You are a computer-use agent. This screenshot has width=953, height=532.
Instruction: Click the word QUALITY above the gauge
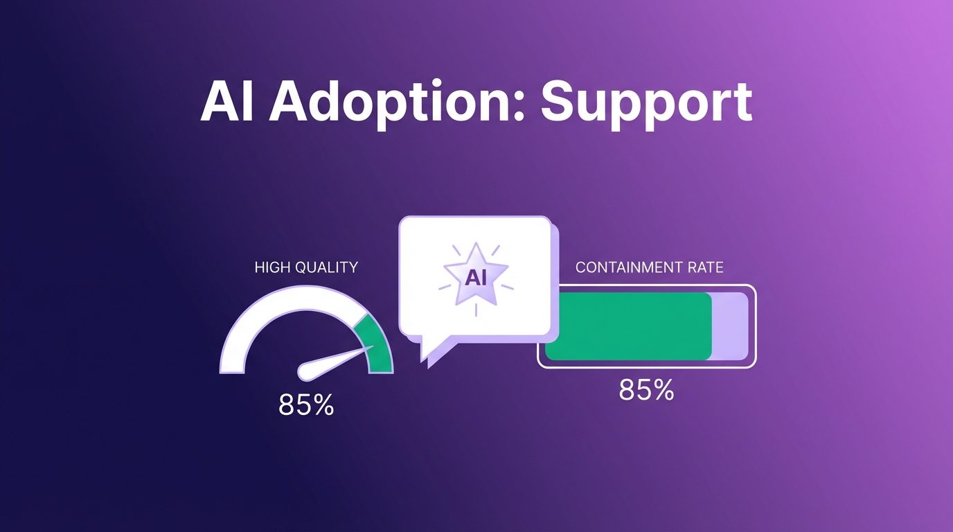point(326,267)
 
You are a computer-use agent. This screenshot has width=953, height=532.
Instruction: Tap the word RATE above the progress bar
point(705,267)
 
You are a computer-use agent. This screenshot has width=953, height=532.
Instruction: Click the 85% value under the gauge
point(306,405)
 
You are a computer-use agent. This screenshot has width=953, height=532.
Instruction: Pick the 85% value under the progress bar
point(646,390)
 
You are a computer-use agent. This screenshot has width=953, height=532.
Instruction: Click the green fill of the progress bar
point(628,326)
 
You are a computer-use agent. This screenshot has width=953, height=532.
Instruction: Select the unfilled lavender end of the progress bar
point(730,326)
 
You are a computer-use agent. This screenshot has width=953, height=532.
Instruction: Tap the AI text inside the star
point(476,278)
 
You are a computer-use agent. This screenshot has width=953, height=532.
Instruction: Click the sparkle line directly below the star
point(476,310)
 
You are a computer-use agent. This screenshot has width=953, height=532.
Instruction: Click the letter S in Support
point(558,101)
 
